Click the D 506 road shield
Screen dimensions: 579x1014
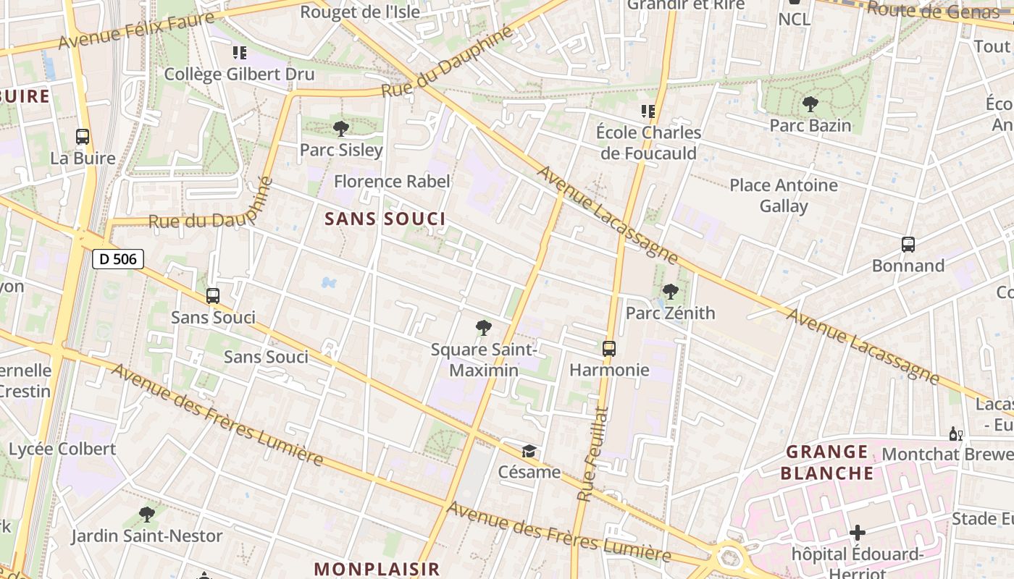(118, 259)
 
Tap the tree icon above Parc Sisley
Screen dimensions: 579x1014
(340, 130)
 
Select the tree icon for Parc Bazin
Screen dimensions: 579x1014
(810, 105)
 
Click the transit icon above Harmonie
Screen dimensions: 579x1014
(609, 349)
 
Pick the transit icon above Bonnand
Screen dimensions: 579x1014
(908, 245)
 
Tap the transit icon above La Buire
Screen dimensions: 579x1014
(83, 137)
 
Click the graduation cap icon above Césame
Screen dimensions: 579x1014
(529, 452)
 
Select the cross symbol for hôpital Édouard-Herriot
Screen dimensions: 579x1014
(857, 533)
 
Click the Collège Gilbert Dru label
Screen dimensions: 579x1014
(239, 74)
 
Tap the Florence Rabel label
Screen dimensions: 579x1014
(392, 181)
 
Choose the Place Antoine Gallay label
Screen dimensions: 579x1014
(784, 195)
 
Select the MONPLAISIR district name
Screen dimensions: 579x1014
(377, 569)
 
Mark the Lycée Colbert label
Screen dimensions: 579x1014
(62, 449)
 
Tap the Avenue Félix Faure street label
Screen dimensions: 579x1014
(138, 30)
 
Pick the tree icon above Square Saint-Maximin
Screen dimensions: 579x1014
(483, 329)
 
